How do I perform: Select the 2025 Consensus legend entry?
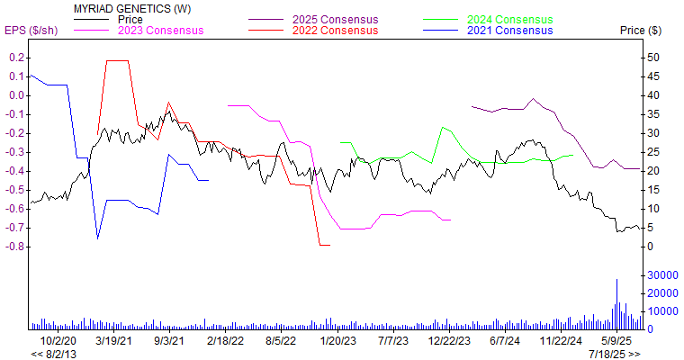pos(336,19)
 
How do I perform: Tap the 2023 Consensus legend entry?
pos(160,30)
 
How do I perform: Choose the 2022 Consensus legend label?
pos(336,30)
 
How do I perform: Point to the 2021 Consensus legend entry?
pos(510,30)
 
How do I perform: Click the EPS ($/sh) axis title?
pos(31,31)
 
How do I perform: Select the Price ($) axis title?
pos(640,31)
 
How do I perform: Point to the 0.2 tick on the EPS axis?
pos(17,58)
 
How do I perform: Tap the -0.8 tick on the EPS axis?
pos(15,247)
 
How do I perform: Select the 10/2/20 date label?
pos(58,341)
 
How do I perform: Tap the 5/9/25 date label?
pos(616,341)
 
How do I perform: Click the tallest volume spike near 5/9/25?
pos(616,281)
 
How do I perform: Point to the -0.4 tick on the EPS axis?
pos(15,171)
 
